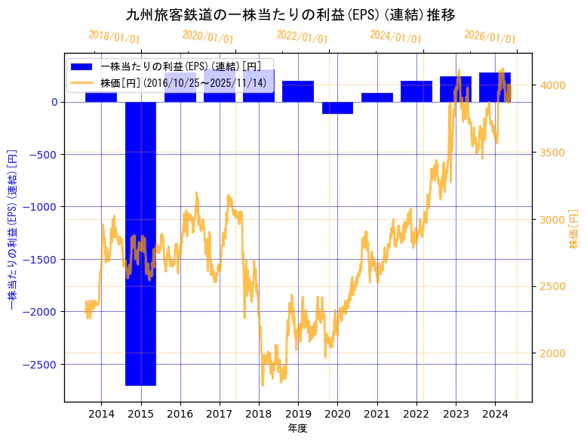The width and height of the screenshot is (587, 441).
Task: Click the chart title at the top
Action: (290, 14)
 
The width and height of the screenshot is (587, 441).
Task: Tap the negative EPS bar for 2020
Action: (337, 107)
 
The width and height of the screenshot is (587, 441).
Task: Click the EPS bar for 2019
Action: (298, 91)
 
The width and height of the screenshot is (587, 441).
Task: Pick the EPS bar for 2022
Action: (416, 91)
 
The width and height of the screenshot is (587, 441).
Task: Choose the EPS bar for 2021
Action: (376, 97)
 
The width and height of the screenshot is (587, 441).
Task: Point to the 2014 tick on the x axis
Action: (101, 414)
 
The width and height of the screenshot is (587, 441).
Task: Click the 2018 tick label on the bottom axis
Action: (259, 414)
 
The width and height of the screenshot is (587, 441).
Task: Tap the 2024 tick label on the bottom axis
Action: (495, 414)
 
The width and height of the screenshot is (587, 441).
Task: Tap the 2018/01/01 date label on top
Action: (114, 36)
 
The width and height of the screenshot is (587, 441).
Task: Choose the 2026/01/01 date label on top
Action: (490, 36)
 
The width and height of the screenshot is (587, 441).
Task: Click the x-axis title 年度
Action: (298, 429)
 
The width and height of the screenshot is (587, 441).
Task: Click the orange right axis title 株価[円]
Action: (574, 229)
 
